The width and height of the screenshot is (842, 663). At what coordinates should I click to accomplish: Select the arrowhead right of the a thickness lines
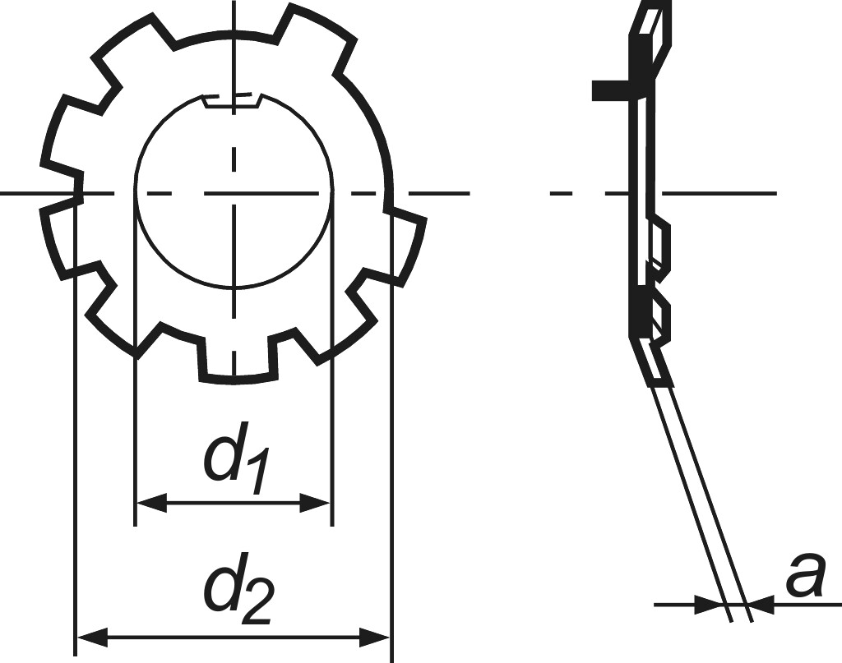point(763,605)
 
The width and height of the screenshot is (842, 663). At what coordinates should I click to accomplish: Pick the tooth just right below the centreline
point(406,246)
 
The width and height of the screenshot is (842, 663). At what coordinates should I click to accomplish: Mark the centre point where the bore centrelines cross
point(234,193)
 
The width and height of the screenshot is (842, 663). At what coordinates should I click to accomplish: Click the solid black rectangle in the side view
point(613,90)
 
